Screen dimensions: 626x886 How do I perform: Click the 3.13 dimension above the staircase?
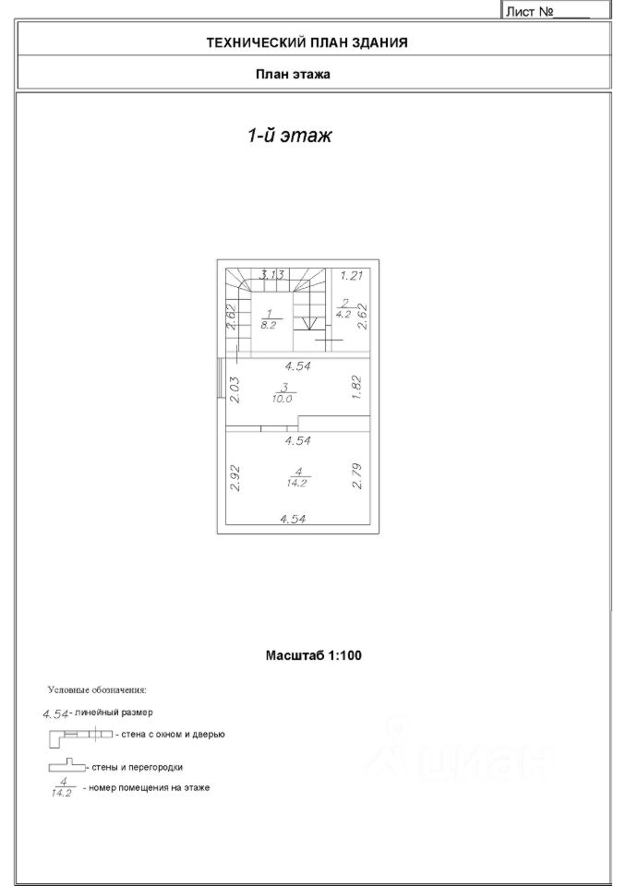271,274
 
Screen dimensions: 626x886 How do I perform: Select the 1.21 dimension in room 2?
352,275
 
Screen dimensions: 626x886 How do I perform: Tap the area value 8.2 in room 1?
270,325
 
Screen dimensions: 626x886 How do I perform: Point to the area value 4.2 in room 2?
343,313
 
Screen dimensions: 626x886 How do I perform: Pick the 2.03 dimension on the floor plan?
234,389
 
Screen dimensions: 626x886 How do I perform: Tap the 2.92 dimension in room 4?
234,476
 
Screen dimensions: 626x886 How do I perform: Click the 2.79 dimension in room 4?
357,476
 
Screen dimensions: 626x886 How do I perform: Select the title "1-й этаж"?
289,136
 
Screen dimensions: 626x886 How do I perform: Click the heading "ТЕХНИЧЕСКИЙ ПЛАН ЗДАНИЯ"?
307,42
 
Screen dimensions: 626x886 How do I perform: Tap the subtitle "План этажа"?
293,75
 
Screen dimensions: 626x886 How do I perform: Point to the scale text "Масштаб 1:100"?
313,655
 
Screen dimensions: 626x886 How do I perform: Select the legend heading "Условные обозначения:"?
97,689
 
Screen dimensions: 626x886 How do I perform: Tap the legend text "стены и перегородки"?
137,767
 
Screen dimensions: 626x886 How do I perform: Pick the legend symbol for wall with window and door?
79,734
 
